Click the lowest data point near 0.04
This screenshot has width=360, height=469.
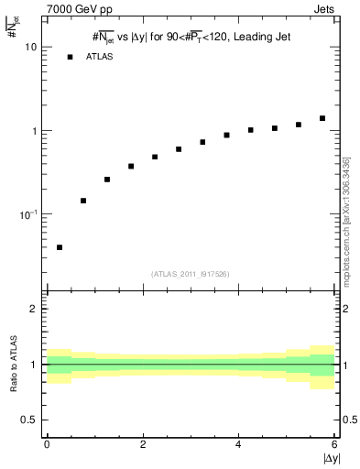(x=60, y=247)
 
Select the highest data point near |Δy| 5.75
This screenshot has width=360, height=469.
(x=322, y=118)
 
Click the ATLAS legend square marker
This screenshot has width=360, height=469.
(x=70, y=57)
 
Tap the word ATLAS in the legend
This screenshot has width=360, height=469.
(x=101, y=57)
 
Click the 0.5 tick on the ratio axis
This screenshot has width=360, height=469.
(x=29, y=420)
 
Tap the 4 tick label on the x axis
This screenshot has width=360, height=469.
(x=238, y=445)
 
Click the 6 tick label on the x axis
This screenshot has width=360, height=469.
(x=334, y=445)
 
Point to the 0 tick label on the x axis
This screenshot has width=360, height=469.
(x=47, y=445)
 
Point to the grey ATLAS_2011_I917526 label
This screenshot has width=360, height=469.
(x=191, y=274)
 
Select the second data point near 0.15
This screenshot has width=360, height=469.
(x=83, y=201)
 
